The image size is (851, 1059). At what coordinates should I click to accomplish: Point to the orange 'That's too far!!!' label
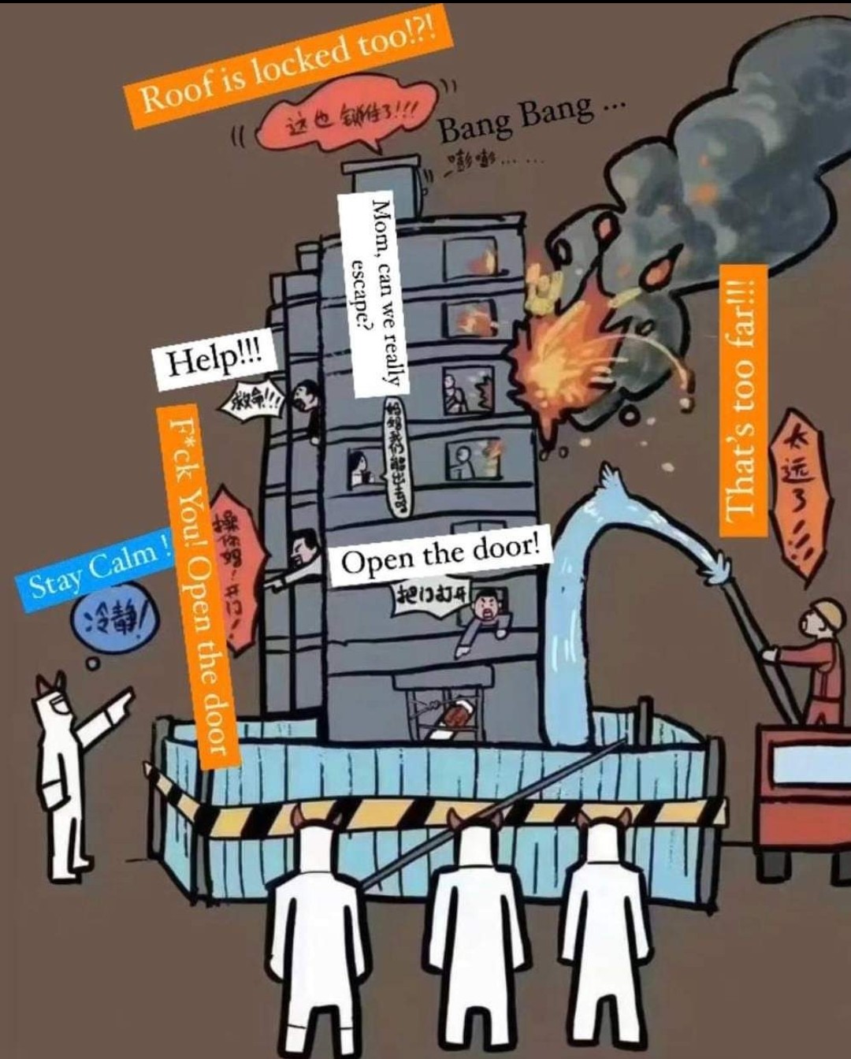[742, 401]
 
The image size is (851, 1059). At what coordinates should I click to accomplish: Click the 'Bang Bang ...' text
[523, 118]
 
